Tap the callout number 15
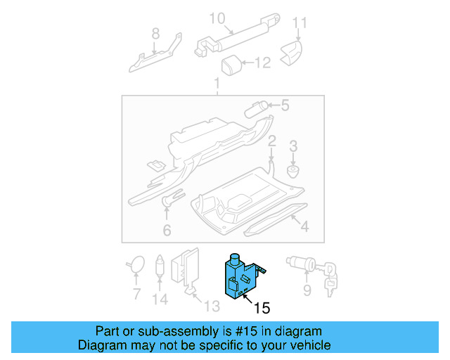pyautogui.click(x=262, y=308)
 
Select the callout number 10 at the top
pyautogui.click(x=217, y=18)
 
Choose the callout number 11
pyautogui.click(x=300, y=23)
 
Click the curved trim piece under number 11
pyautogui.click(x=292, y=53)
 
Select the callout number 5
pyautogui.click(x=285, y=105)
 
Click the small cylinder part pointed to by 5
pyautogui.click(x=256, y=109)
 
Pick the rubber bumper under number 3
pyautogui.click(x=293, y=171)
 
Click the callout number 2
pyautogui.click(x=271, y=141)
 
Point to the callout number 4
pyautogui.click(x=304, y=226)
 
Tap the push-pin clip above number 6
pyautogui.click(x=172, y=197)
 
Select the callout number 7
pyautogui.click(x=136, y=294)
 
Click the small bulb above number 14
pyautogui.click(x=160, y=266)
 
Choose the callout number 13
pyautogui.click(x=212, y=306)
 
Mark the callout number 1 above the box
pyautogui.click(x=217, y=83)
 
